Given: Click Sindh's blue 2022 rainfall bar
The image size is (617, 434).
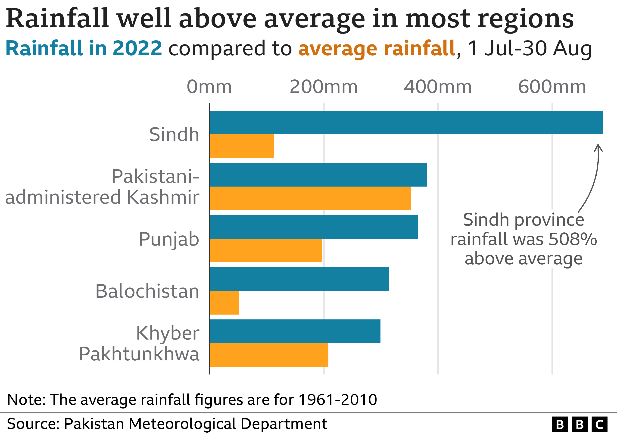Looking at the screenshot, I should point(406,122).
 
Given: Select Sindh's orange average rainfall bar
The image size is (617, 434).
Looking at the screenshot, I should point(242,146).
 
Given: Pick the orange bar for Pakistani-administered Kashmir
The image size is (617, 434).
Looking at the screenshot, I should point(310,198).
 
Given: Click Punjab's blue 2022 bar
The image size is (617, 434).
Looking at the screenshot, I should point(314,227).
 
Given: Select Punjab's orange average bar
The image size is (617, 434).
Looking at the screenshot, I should point(265,250).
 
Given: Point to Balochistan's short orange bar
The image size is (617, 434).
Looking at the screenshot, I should point(224,303).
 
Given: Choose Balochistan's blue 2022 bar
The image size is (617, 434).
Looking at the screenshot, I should point(299,279).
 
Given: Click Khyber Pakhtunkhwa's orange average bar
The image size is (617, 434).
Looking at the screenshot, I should point(269,355).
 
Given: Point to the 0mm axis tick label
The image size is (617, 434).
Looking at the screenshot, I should point(209,87).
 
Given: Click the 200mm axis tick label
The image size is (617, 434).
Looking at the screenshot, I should point(324,87).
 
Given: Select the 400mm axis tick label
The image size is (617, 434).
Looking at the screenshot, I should point(438,87).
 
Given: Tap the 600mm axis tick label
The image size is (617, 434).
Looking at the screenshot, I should point(552,87).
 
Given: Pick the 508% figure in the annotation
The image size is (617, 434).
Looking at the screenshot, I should point(573,239).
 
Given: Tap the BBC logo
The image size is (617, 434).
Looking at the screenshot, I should point(580,425).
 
